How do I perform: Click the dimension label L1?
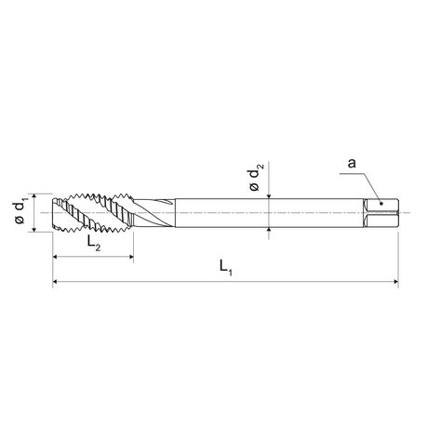pyautogui.click(x=226, y=268)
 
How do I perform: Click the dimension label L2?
pyautogui.click(x=94, y=243)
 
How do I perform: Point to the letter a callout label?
pyautogui.click(x=352, y=163)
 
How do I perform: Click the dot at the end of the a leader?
pyautogui.click(x=381, y=204)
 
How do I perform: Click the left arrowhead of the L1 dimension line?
pyautogui.click(x=55, y=281)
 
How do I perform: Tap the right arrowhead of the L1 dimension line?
pyautogui.click(x=395, y=281)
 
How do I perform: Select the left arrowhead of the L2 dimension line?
pyautogui.click(x=55, y=257)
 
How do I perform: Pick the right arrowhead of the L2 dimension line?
pyautogui.click(x=131, y=257)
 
